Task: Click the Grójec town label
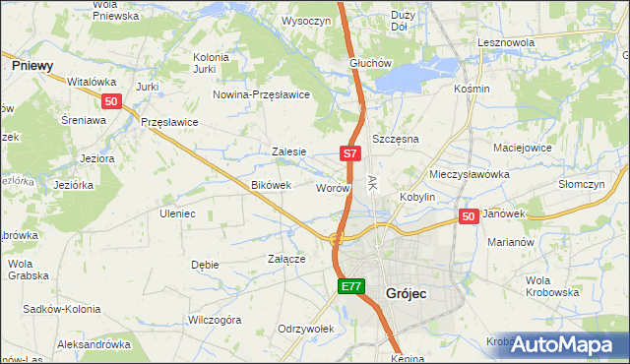(406, 292)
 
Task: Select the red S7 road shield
(351, 153)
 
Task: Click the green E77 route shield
(351, 286)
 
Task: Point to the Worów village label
(333, 187)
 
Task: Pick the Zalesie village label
(289, 152)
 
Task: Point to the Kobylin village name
(417, 197)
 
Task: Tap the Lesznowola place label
(505, 43)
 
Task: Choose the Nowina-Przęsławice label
(263, 94)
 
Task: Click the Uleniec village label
(178, 212)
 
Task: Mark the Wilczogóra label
(215, 320)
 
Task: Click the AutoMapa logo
(563, 344)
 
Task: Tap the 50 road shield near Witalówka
(111, 100)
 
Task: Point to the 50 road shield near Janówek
(469, 216)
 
